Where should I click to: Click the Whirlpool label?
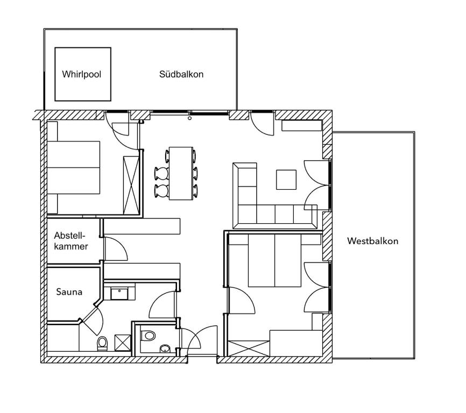(81, 75)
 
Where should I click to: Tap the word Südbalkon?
(181, 75)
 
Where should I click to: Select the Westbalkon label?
(372, 241)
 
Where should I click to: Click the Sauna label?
(69, 292)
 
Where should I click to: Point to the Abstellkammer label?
(71, 240)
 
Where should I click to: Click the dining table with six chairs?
(181, 173)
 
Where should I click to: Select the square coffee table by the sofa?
(286, 180)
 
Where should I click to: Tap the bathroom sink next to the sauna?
(119, 294)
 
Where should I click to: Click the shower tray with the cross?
(123, 343)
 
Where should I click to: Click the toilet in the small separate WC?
(148, 336)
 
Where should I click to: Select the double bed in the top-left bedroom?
(74, 167)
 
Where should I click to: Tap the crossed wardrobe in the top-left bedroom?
(131, 184)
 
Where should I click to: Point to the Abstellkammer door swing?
(114, 248)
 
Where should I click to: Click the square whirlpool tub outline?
(83, 74)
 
